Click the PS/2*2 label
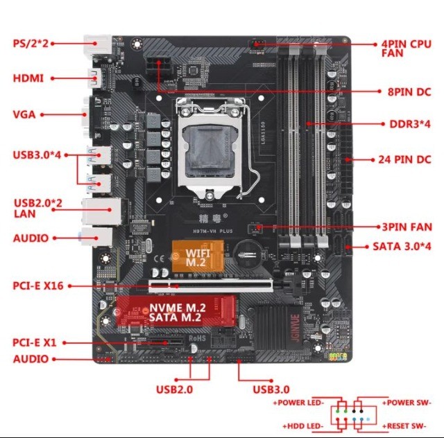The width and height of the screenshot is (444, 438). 30,43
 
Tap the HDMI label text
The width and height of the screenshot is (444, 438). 28,78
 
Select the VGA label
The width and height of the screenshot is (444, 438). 23,114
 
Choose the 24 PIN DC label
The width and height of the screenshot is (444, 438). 405,159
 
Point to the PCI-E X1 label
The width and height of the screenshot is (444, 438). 35,342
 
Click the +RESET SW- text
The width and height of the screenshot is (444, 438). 407,425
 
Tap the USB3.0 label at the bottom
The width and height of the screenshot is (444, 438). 272,389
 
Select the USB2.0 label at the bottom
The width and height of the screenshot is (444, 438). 175,389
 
